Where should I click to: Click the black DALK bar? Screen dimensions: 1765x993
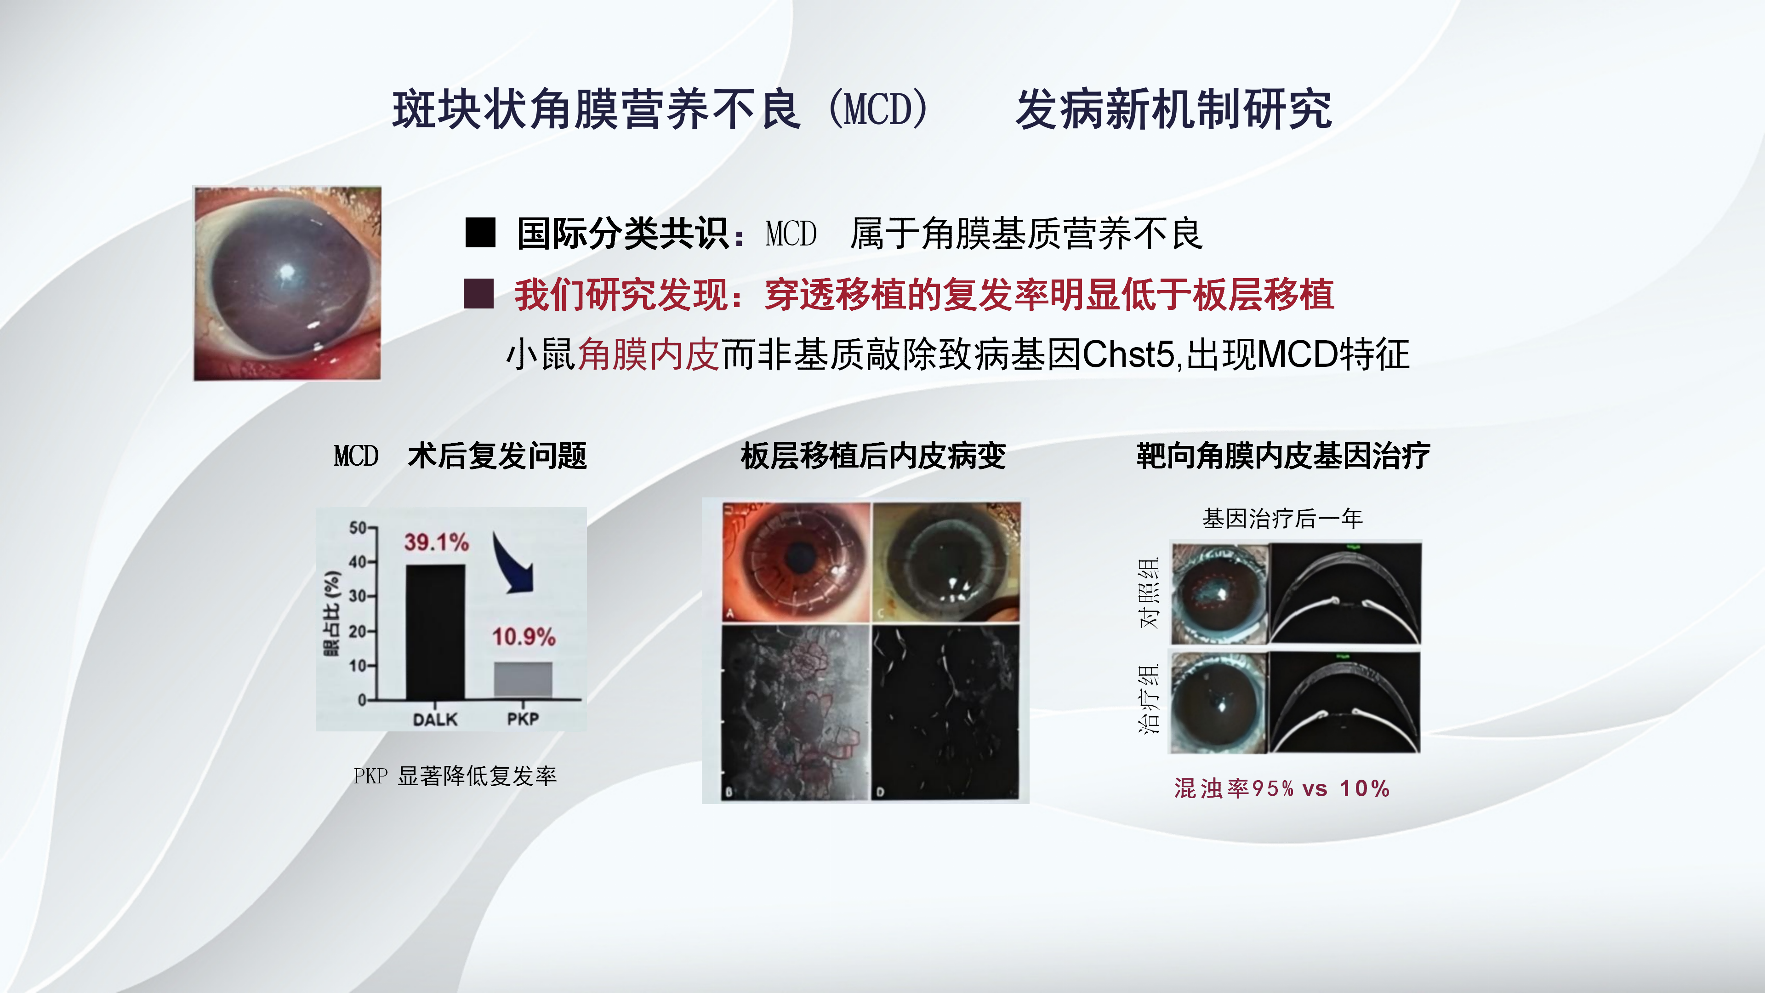pos(435,632)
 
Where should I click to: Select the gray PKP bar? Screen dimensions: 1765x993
pos(523,680)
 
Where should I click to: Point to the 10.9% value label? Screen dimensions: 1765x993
pos(524,637)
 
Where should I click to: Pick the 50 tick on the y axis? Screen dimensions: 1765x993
pos(359,528)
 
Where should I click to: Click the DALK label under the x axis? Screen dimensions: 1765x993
pos(435,719)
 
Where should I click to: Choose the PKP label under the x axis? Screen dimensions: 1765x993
pos(523,719)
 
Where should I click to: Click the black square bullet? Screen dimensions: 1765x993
pos(480,233)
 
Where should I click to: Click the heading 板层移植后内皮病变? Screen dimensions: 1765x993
pos(873,456)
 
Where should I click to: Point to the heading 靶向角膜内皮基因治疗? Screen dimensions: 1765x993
pos(1283,456)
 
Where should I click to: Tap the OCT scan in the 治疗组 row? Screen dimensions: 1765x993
pos(1345,702)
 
